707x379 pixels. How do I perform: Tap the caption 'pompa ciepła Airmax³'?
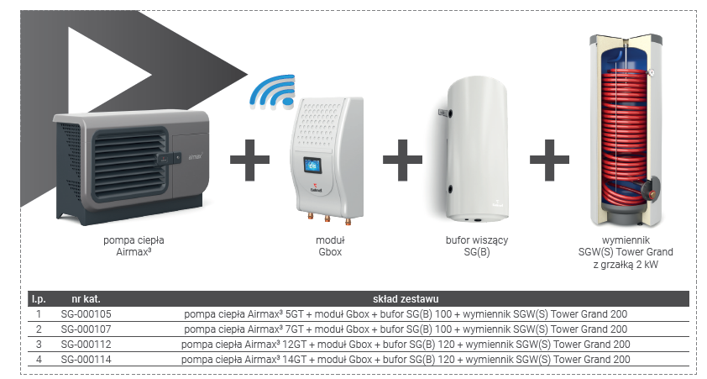(x=122, y=245)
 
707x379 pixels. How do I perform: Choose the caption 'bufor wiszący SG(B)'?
(x=477, y=245)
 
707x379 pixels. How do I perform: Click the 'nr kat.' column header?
(x=88, y=299)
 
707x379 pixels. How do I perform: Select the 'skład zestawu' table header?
(x=406, y=299)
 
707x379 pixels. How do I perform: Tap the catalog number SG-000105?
(x=86, y=314)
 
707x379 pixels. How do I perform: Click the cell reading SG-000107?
(x=86, y=329)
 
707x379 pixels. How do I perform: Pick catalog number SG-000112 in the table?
(x=86, y=345)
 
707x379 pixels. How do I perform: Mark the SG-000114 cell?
(x=86, y=360)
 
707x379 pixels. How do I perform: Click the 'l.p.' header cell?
(x=38, y=299)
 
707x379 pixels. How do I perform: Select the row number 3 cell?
(x=38, y=345)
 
